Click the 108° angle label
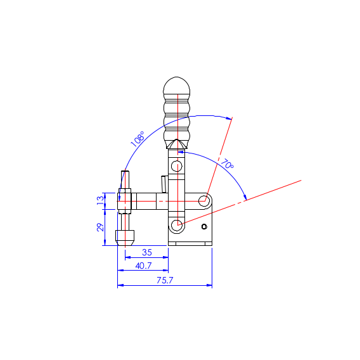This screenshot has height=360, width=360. coord(138,139)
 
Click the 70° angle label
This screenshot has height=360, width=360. coord(227,164)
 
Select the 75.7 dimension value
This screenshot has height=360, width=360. coord(165,280)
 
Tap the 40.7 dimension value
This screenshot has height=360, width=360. coord(143,266)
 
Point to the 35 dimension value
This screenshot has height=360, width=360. coord(147,252)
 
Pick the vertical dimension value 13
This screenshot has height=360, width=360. coord(100,201)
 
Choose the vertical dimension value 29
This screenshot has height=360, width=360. coord(100,227)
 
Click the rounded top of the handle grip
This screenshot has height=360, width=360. coord(177,86)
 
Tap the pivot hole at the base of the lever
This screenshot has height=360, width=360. coord(177,225)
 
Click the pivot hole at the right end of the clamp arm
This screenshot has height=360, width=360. coord(204,201)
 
